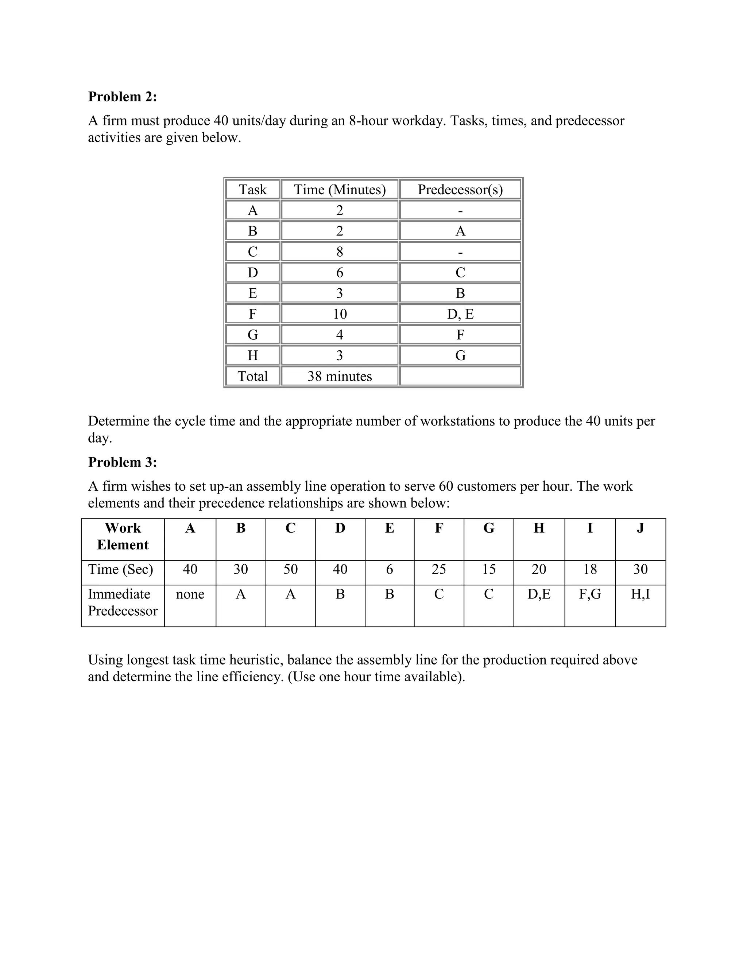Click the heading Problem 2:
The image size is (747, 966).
tap(122, 97)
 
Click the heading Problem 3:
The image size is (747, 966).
tap(122, 462)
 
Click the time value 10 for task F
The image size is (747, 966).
tap(340, 314)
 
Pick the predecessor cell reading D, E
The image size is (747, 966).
tap(460, 314)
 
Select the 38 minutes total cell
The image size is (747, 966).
tap(340, 377)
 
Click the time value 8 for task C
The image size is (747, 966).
tap(340, 252)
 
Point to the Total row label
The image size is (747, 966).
tap(252, 377)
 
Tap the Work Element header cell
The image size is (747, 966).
tap(123, 536)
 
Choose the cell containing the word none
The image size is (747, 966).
tap(190, 594)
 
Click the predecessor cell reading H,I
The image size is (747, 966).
tap(640, 594)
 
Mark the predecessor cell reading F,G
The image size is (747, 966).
tap(589, 594)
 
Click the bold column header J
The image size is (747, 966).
tap(640, 528)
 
